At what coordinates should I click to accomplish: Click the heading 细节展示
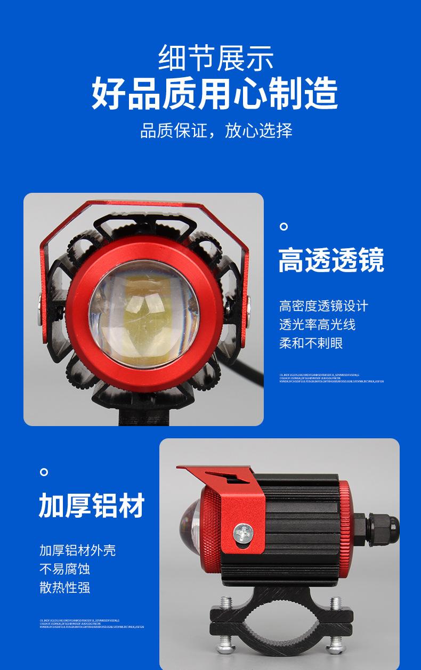coord(216,59)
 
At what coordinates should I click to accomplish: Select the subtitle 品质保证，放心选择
coord(216,130)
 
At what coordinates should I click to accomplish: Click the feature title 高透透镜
coord(331,260)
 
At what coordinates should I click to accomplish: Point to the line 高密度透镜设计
coord(323,306)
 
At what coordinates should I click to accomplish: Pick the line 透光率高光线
coord(317,324)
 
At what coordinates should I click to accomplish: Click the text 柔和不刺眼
coord(311,343)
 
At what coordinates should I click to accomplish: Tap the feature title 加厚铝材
coord(92,505)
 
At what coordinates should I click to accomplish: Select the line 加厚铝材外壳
coord(77,550)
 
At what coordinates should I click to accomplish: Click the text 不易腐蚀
coord(64,569)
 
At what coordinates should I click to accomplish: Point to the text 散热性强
coord(64,587)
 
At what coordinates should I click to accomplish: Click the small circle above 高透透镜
coord(284,227)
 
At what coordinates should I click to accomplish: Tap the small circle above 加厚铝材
coord(44,472)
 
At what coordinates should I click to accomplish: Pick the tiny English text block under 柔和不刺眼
coord(331,378)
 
